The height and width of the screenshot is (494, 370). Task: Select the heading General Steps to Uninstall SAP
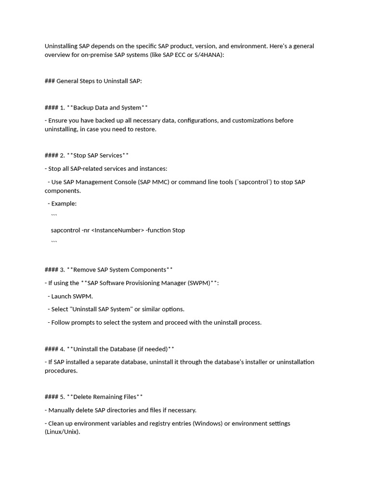pyautogui.click(x=99, y=81)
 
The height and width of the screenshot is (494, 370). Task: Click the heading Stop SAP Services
pyautogui.click(x=98, y=155)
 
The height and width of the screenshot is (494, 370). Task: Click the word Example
pyautogui.click(x=64, y=204)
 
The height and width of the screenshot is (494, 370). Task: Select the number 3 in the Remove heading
pyautogui.click(x=62, y=270)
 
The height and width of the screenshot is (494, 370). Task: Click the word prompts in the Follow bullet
pyautogui.click(x=83, y=322)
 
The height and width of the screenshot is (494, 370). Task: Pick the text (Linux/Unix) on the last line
pyautogui.click(x=62, y=432)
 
